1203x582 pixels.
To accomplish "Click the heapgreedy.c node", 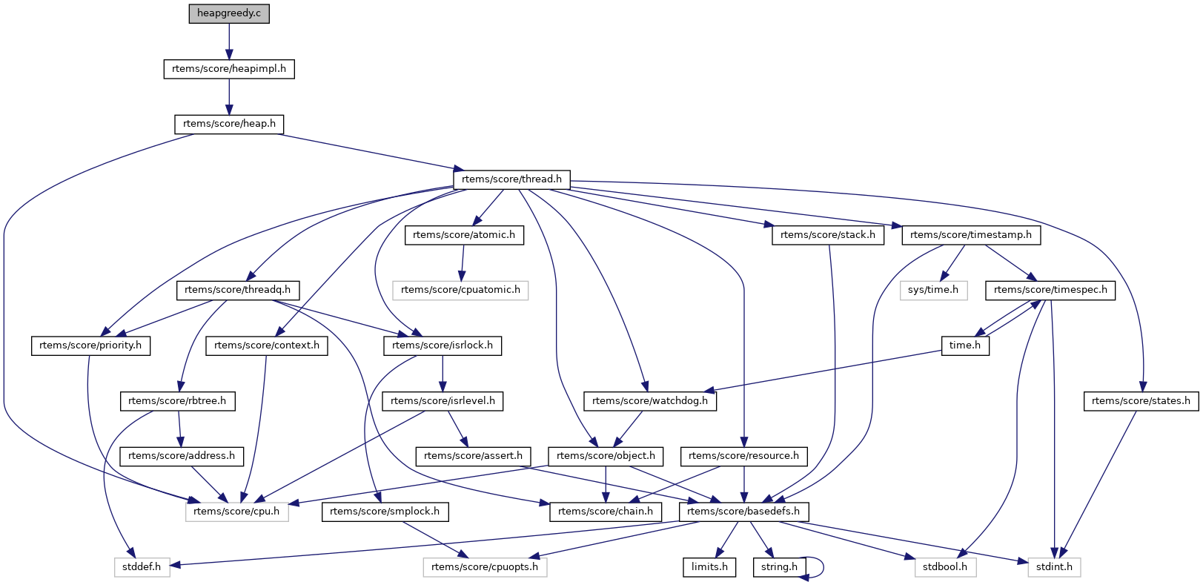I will (x=229, y=13).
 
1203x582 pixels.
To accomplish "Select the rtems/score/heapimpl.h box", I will (x=229, y=69).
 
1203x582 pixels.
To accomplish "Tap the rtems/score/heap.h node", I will (x=229, y=124).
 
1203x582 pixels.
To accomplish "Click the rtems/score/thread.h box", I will (x=511, y=179).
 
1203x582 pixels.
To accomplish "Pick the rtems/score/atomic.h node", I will (x=464, y=235).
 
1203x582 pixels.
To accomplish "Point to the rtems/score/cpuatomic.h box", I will (x=460, y=290).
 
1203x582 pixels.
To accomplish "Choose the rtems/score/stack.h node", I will (x=827, y=235).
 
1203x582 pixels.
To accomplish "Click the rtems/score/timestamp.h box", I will (x=971, y=235).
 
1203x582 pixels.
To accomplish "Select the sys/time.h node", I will (x=933, y=290).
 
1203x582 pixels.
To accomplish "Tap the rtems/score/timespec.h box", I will (x=1050, y=290).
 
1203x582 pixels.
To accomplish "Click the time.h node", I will (x=965, y=345).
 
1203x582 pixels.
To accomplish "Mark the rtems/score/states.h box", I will (x=1141, y=401).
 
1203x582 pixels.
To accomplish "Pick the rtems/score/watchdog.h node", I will (x=650, y=401).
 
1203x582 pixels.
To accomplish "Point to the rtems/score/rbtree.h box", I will (x=177, y=401).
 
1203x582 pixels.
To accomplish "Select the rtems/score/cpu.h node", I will (x=236, y=512).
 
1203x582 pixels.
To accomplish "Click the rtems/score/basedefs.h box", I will (x=743, y=512).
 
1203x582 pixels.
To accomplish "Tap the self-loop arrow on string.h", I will (x=821, y=567).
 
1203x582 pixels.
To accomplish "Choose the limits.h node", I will (x=709, y=567).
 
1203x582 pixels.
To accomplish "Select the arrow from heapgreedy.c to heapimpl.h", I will (x=229, y=41).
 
